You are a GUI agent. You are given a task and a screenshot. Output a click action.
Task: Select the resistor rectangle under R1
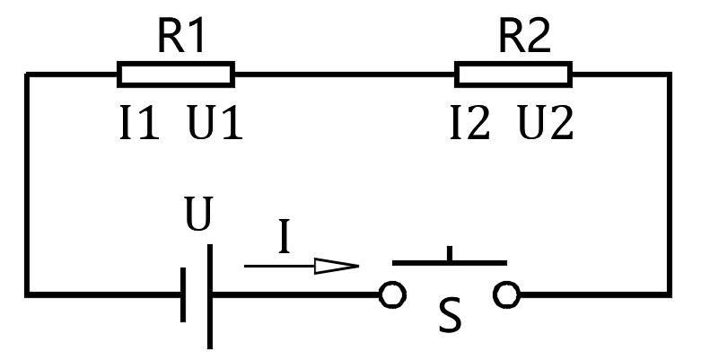pos(176,74)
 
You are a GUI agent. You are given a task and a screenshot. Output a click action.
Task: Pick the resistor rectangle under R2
pos(513,74)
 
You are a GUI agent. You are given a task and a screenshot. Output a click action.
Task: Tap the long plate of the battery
pos(210,296)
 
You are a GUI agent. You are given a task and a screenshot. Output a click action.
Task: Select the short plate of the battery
pos(183,294)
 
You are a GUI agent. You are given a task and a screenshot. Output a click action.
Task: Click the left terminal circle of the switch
pos(391,294)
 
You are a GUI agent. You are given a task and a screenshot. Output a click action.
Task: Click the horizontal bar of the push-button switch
pos(449,263)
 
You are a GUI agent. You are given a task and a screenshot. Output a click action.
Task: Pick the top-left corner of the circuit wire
pos(28,75)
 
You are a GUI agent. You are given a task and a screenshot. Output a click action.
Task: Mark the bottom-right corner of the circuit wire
pos(668,294)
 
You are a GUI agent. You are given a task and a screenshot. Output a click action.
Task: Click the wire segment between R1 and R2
pos(345,74)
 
